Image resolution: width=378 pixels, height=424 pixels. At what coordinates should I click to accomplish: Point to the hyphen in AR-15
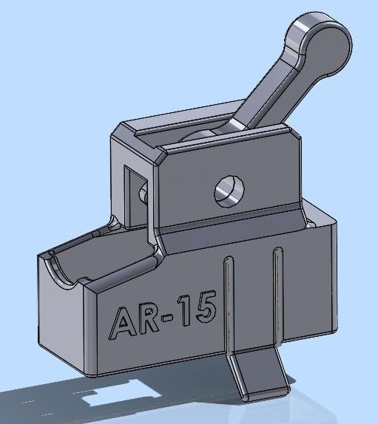pyautogui.click(x=175, y=315)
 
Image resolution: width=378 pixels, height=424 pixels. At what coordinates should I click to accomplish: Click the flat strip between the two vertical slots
pyautogui.click(x=252, y=299)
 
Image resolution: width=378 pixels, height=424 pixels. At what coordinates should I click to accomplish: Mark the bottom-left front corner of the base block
pyautogui.click(x=92, y=373)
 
